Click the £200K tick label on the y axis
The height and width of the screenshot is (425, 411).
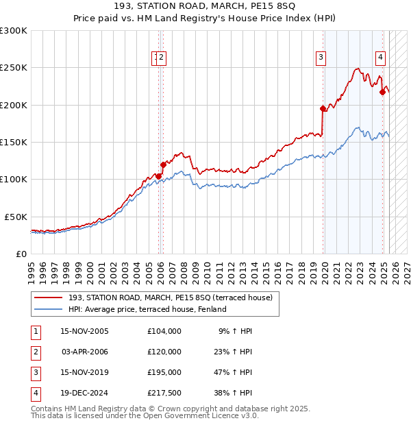pyautogui.click(x=14, y=106)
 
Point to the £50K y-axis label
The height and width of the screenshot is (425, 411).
pyautogui.click(x=16, y=217)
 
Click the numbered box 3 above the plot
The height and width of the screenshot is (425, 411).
pyautogui.click(x=321, y=58)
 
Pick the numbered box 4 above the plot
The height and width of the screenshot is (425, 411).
pyautogui.click(x=380, y=58)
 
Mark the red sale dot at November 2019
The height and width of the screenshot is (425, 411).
pyautogui.click(x=323, y=108)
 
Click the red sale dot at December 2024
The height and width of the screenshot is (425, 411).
pyautogui.click(x=382, y=93)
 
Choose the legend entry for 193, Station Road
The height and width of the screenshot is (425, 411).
pyautogui.click(x=170, y=297)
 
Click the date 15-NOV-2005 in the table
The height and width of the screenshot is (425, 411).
pyautogui.click(x=85, y=331)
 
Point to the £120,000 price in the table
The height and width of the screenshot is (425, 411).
pyautogui.click(x=164, y=352)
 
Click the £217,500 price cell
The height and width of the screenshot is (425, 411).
pyautogui.click(x=164, y=393)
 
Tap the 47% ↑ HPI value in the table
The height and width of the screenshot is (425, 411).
pyautogui.click(x=235, y=372)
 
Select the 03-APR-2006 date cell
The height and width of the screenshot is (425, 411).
pyautogui.click(x=85, y=352)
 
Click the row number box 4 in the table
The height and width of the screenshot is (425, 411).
pyautogui.click(x=35, y=393)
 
